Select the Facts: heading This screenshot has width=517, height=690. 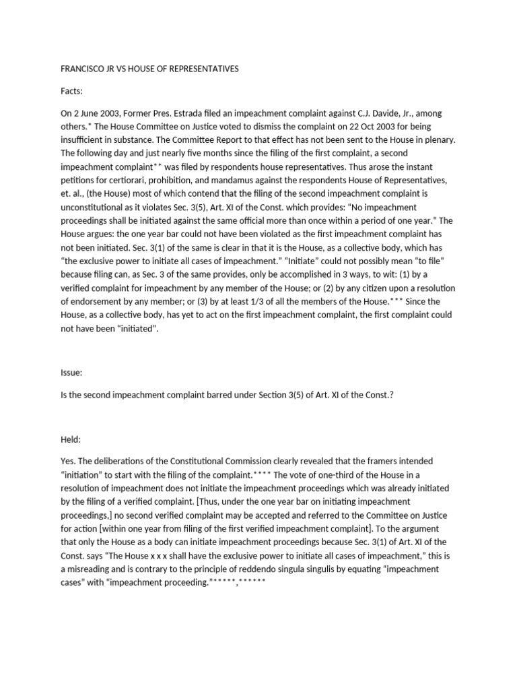click(73, 91)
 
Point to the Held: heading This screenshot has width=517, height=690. click(71, 439)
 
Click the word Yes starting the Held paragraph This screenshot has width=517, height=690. click(68, 461)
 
